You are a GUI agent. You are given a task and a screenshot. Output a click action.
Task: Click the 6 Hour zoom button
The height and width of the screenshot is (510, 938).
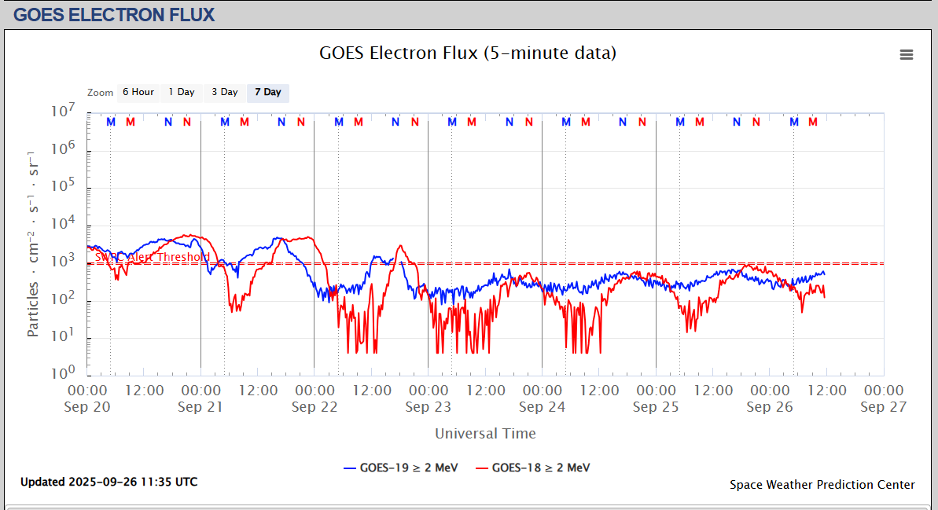pyautogui.click(x=138, y=93)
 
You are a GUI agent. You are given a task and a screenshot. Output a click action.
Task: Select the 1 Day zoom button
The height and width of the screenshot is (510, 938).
pyautogui.click(x=181, y=93)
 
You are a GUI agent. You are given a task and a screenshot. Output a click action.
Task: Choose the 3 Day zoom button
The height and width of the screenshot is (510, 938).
pyautogui.click(x=224, y=93)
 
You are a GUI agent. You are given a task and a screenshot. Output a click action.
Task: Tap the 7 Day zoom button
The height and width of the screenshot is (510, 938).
pyautogui.click(x=267, y=93)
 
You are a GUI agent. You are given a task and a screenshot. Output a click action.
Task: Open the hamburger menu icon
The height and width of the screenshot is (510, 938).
pyautogui.click(x=907, y=54)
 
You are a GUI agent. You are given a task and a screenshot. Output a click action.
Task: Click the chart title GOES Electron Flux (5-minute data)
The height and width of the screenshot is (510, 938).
pyautogui.click(x=468, y=53)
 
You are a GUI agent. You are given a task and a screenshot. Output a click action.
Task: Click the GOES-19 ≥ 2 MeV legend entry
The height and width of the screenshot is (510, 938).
pyautogui.click(x=401, y=468)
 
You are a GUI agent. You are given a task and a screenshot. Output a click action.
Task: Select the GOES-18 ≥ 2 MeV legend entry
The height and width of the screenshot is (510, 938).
pyautogui.click(x=533, y=468)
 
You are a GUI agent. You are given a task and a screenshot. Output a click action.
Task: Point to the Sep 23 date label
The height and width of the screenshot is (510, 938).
pyautogui.click(x=429, y=407)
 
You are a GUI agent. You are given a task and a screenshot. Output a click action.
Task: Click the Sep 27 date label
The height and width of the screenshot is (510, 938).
pyautogui.click(x=884, y=407)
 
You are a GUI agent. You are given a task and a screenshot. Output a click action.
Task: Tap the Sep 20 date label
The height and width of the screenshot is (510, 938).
pyautogui.click(x=87, y=407)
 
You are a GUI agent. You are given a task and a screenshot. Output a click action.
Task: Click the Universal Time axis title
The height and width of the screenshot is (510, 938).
pyautogui.click(x=485, y=434)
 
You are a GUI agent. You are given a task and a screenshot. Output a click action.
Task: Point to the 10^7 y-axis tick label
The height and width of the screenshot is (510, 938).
pyautogui.click(x=64, y=112)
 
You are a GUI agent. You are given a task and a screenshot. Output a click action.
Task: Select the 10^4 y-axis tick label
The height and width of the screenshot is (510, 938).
pyautogui.click(x=64, y=226)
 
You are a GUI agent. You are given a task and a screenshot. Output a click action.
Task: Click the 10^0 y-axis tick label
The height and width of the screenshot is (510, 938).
pyautogui.click(x=64, y=375)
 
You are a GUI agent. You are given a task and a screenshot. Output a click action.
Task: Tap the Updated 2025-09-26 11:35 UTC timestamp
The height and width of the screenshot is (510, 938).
pyautogui.click(x=109, y=482)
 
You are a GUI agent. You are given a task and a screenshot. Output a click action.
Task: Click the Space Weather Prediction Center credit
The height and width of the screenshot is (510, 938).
pyautogui.click(x=822, y=485)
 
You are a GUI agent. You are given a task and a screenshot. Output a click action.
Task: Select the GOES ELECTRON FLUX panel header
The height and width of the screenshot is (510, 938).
pyautogui.click(x=114, y=14)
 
